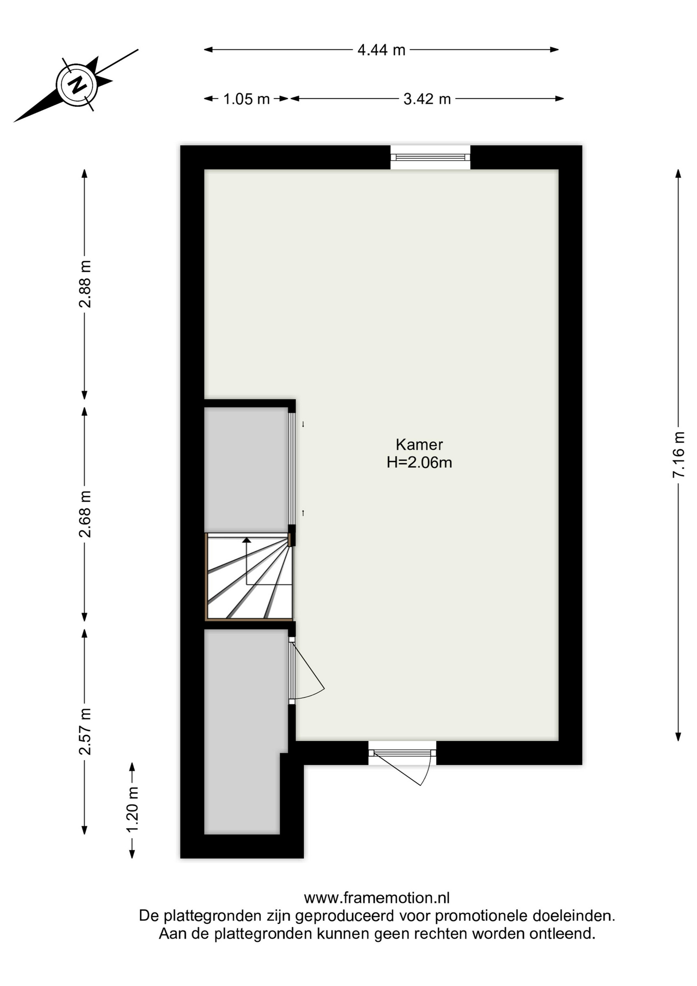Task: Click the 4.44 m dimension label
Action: (381, 50)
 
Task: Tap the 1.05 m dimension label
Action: (246, 99)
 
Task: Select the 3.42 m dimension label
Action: (427, 99)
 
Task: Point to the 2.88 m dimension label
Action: (85, 284)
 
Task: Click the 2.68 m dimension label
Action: (85, 514)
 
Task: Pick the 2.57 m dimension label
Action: (85, 731)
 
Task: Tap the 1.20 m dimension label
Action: (132, 810)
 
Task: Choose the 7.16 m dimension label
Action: (679, 455)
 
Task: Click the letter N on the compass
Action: (78, 84)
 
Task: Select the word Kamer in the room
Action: (419, 444)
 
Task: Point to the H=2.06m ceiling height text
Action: (419, 462)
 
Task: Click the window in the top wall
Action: (430, 157)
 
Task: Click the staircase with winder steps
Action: (249, 577)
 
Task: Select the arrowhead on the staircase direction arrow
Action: (247, 540)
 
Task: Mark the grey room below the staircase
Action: (245, 731)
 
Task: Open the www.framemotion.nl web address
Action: (377, 898)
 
